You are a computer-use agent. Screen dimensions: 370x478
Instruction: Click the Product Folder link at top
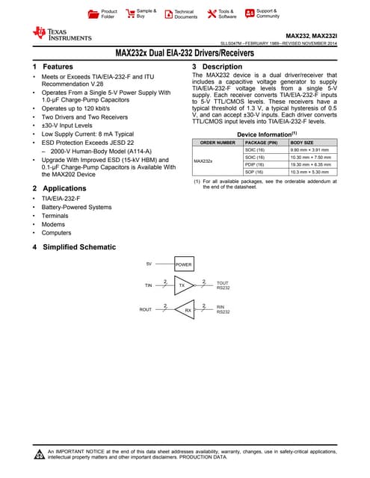[x=108, y=13]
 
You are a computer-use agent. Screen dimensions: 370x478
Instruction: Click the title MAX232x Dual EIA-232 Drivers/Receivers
[x=185, y=54]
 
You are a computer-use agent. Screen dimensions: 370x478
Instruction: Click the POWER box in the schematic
[x=183, y=265]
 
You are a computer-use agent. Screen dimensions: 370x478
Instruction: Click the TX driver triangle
[x=182, y=285]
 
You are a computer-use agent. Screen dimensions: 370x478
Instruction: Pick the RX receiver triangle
[x=187, y=308]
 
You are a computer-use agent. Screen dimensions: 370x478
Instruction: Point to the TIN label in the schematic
[x=148, y=285]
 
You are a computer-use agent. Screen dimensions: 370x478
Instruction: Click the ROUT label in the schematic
[x=146, y=308]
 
